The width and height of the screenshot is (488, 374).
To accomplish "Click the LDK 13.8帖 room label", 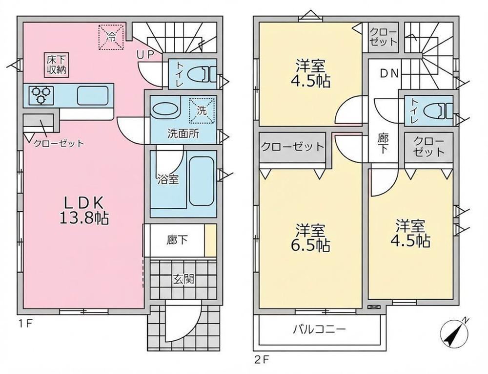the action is [x=84, y=211].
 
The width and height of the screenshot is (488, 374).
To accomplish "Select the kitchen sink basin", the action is [x=92, y=95].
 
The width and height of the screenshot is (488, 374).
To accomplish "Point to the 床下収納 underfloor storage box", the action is [x=57, y=65].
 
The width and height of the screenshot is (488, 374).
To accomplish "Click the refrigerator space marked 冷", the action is [x=111, y=37].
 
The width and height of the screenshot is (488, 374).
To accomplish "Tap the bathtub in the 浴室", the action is [x=202, y=181].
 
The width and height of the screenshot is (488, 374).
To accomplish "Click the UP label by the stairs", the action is [x=145, y=55].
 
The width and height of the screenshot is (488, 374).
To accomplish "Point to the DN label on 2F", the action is [x=389, y=73].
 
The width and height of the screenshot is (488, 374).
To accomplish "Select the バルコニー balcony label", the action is [x=319, y=329].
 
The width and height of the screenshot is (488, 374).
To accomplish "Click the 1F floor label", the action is [x=25, y=324].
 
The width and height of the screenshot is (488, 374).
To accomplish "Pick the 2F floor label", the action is [x=261, y=360].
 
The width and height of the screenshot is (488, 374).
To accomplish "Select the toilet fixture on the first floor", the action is [x=204, y=75].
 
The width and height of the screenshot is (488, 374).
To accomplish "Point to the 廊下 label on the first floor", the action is [x=177, y=241].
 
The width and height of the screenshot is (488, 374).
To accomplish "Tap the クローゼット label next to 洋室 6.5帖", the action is [x=292, y=147].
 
